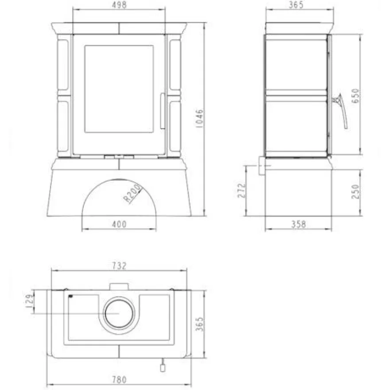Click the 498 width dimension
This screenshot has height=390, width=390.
click(119, 5)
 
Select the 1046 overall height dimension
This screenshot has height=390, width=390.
click(200, 118)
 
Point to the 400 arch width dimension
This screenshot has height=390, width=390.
click(119, 224)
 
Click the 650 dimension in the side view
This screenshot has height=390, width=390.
click(356, 96)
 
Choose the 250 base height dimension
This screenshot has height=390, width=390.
click(356, 191)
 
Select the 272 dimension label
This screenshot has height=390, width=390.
click(242, 191)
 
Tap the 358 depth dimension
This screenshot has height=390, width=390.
click(298, 224)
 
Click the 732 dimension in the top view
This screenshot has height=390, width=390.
click(119, 266)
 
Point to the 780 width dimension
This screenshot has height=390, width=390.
click(119, 380)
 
